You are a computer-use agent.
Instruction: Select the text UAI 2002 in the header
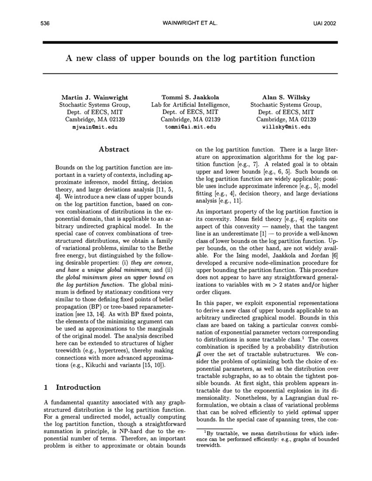point(324,23)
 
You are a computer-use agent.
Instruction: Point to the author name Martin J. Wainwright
point(94,97)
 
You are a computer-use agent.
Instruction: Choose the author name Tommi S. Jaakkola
point(190,97)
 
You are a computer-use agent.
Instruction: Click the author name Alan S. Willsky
point(286,97)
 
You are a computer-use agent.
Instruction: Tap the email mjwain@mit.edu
point(94,127)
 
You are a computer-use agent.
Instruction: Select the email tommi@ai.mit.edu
point(190,127)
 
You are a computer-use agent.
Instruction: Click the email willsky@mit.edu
point(286,127)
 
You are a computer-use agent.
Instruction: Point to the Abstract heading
point(114,149)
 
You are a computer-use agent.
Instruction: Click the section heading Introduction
point(78,387)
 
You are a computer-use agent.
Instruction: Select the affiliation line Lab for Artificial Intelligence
point(190,105)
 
